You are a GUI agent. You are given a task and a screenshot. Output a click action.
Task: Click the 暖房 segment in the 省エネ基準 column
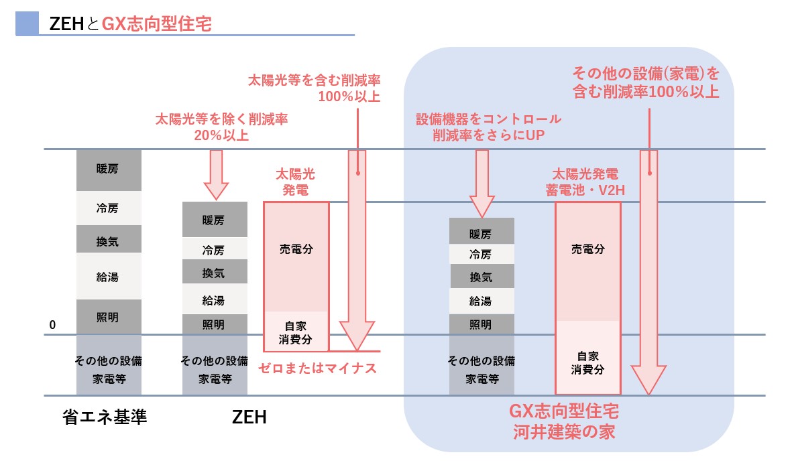tap(109, 170)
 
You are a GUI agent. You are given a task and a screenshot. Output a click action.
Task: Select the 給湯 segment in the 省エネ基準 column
tap(109, 275)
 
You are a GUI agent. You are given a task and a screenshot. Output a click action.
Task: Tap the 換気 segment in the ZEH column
tap(215, 273)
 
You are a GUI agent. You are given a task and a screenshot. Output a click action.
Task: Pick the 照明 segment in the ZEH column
tap(215, 325)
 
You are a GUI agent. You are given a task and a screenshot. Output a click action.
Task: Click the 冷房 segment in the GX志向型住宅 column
tap(482, 254)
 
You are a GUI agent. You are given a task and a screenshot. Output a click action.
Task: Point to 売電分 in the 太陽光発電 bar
tap(296, 249)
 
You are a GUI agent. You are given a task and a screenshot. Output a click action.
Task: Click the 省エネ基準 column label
tap(105, 417)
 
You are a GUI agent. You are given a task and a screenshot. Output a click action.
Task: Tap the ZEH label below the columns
tap(249, 417)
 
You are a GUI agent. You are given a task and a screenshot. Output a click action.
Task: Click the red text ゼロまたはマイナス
tap(317, 367)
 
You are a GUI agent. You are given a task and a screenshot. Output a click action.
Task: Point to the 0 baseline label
tap(52, 325)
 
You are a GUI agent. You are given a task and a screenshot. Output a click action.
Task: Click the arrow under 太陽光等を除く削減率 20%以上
tap(215, 174)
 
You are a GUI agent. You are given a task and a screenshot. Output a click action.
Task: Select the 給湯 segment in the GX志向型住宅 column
tap(482, 301)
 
